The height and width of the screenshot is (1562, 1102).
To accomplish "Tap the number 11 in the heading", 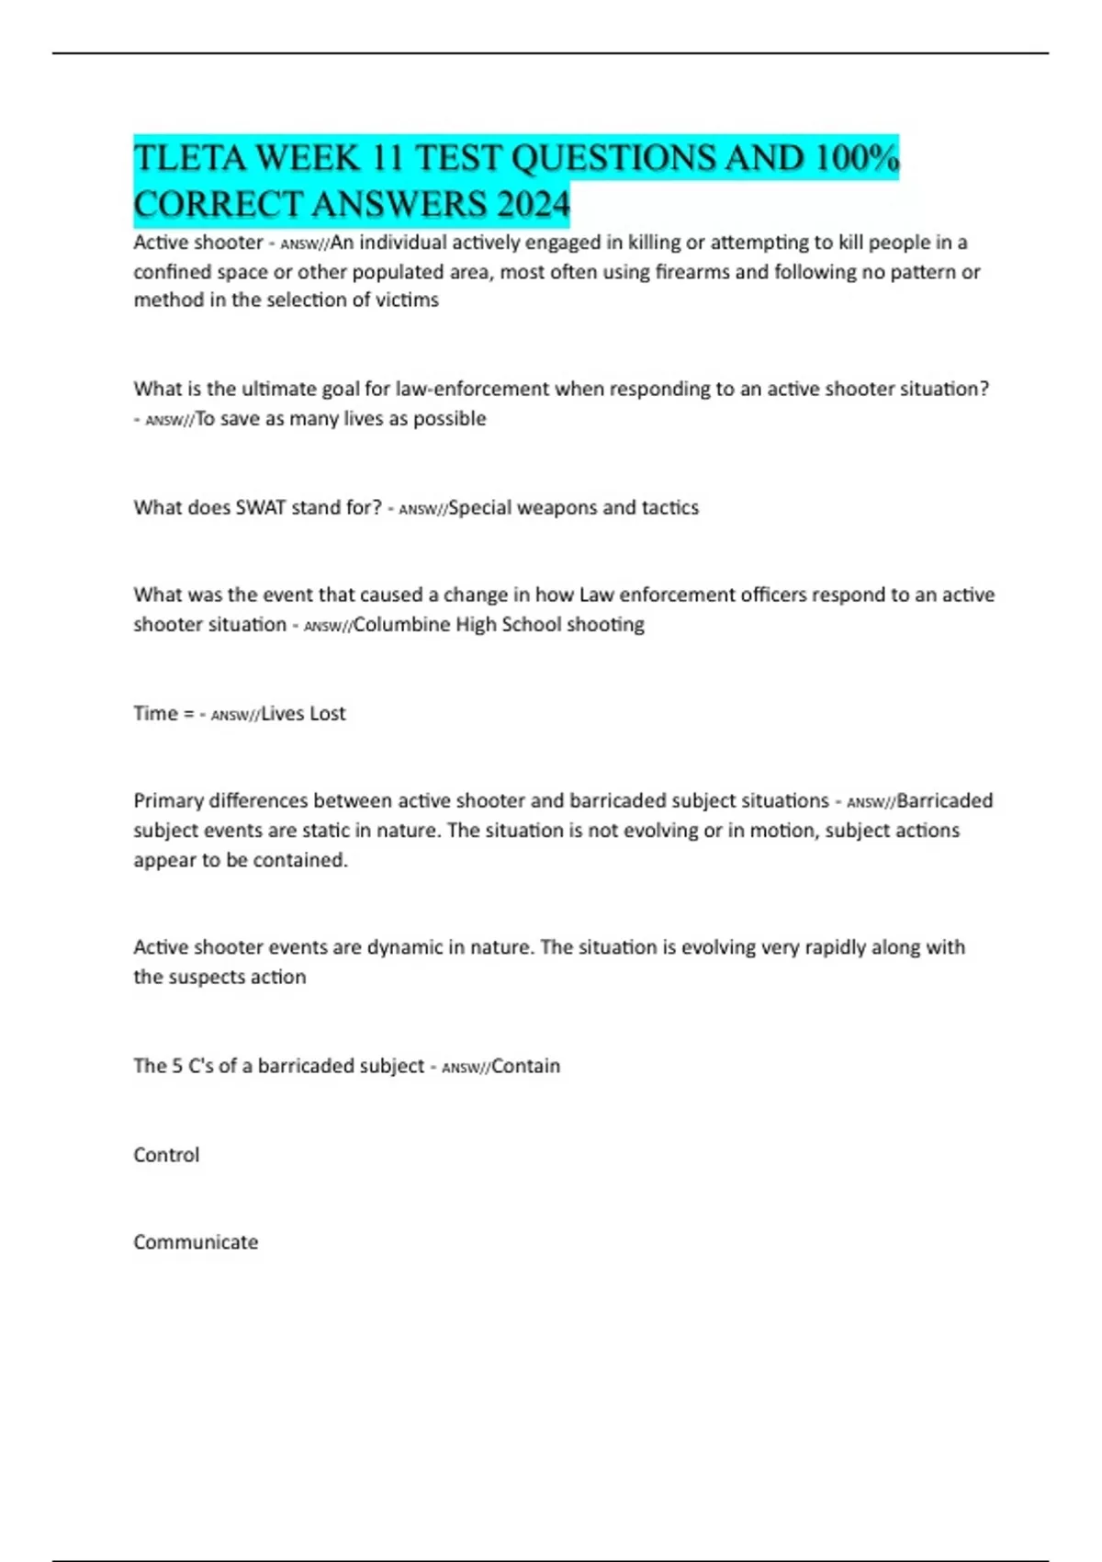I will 387,159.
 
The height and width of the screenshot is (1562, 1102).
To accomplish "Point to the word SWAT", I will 261,508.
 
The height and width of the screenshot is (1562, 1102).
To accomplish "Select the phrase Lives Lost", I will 303,714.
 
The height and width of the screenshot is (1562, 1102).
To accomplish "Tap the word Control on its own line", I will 166,1155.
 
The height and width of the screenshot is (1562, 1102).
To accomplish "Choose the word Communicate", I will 196,1242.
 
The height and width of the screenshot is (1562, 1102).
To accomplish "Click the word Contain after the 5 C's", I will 525,1067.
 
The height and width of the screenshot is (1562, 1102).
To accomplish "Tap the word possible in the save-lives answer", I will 449,419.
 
